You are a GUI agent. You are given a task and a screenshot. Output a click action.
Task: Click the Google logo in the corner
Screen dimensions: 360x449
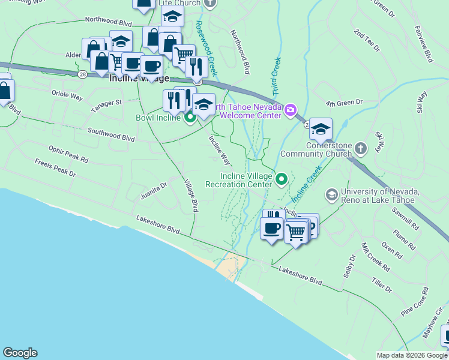[x=20, y=353]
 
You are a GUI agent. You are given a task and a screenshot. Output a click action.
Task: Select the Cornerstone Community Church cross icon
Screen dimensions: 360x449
[x=360, y=147]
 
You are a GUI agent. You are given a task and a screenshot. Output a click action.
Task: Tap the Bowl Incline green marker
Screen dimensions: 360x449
[x=190, y=118]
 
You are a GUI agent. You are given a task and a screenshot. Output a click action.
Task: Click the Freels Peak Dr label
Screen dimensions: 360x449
[x=55, y=167]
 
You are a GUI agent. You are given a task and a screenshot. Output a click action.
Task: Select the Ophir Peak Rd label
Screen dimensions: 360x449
[x=68, y=153]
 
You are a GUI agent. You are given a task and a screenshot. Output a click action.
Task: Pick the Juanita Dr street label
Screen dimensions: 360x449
[x=153, y=189]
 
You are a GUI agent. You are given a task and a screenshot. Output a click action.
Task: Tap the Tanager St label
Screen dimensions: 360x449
[x=106, y=106]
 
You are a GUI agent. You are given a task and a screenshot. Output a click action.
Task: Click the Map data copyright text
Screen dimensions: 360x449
[x=412, y=355]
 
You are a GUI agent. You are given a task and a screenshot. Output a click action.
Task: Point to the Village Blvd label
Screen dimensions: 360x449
[x=191, y=196]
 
